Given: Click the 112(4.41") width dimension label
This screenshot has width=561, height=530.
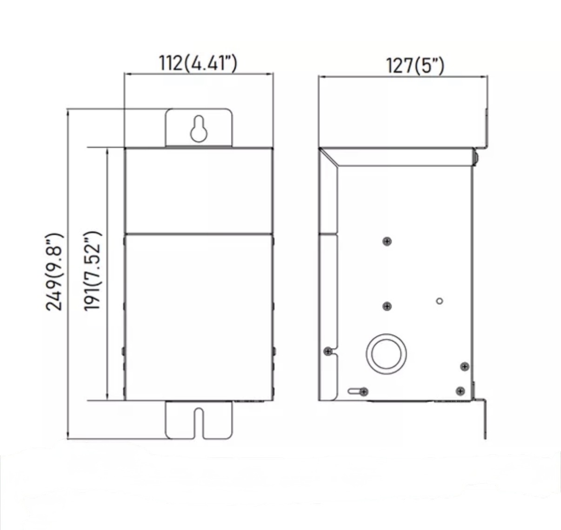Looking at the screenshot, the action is pos(198,63).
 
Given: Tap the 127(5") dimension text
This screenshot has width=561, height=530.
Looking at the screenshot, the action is pos(414,66).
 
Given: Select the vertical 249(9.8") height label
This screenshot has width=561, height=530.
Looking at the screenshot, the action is pos(54,272).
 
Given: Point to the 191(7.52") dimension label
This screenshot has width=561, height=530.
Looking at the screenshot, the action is pos(93,271).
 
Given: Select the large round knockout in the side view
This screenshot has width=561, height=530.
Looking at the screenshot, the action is pos(386,354).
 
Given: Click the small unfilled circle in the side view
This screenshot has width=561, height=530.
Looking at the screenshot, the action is pos(439,301).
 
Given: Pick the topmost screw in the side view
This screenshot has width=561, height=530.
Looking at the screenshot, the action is pos(387,242).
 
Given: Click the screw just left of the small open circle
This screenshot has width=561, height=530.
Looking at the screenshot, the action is pos(387,306).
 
